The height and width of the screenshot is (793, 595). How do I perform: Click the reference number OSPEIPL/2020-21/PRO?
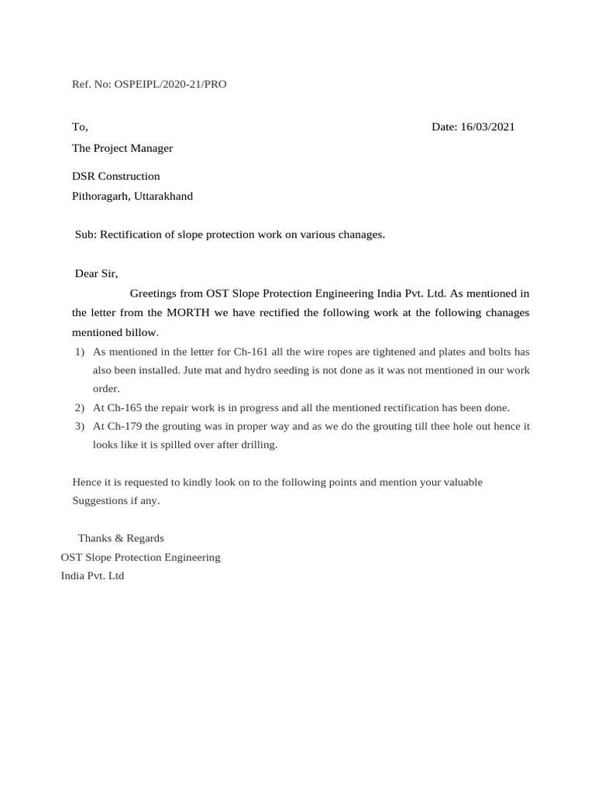pyautogui.click(x=170, y=84)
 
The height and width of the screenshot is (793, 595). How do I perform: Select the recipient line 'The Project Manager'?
pyautogui.click(x=122, y=148)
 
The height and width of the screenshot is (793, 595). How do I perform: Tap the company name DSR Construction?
pyautogui.click(x=116, y=177)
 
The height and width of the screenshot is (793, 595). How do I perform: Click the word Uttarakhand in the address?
pyautogui.click(x=163, y=196)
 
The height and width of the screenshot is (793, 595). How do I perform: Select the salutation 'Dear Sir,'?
pyautogui.click(x=96, y=273)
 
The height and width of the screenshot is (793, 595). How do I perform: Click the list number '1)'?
pyautogui.click(x=79, y=352)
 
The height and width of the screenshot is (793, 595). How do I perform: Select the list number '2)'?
pyautogui.click(x=79, y=408)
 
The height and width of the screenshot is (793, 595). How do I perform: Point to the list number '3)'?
pyautogui.click(x=79, y=427)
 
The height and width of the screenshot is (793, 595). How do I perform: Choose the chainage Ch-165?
pyautogui.click(x=124, y=408)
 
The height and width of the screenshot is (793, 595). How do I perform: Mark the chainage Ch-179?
pyautogui.click(x=124, y=427)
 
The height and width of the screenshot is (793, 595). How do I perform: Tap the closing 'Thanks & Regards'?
pyautogui.click(x=121, y=538)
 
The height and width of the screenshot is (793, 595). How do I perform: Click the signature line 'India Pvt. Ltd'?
pyautogui.click(x=92, y=576)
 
